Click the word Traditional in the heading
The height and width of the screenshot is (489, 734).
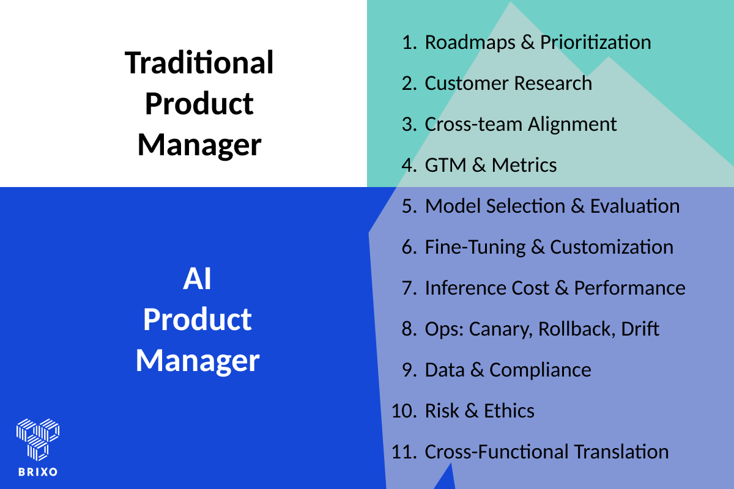[x=199, y=63]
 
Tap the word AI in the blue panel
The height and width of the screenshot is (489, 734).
[x=198, y=279]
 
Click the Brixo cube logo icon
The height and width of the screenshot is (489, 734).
[x=37, y=439]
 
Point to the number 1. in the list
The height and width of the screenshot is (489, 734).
[x=409, y=43]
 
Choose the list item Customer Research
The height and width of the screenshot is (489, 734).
[x=508, y=84]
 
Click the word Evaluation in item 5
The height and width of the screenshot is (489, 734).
[x=634, y=207]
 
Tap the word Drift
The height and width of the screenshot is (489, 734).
[x=640, y=329]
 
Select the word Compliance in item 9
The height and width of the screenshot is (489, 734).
[x=540, y=370]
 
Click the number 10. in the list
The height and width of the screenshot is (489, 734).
[x=404, y=411]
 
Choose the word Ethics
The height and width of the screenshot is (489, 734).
[x=509, y=411]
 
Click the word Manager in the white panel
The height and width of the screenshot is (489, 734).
[x=199, y=145]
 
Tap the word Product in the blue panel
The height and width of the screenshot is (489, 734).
[x=198, y=320]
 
